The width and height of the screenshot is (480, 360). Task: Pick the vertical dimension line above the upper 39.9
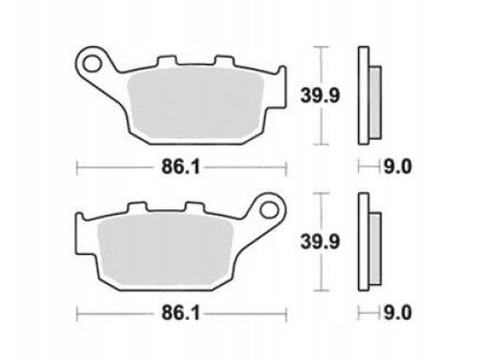pos(322,66)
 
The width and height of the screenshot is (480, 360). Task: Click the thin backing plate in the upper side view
pos(361,94)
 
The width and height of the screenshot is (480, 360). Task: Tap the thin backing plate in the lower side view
pos(361,239)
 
